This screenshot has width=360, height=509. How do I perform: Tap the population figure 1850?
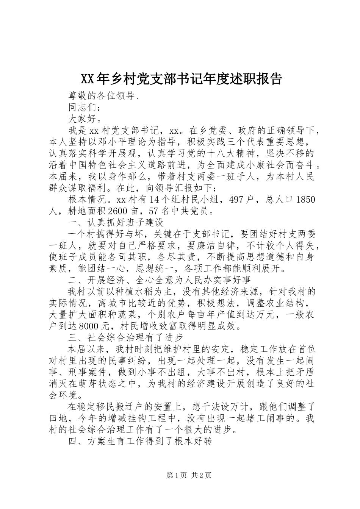[305, 200]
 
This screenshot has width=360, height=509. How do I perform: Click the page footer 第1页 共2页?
[188, 475]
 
